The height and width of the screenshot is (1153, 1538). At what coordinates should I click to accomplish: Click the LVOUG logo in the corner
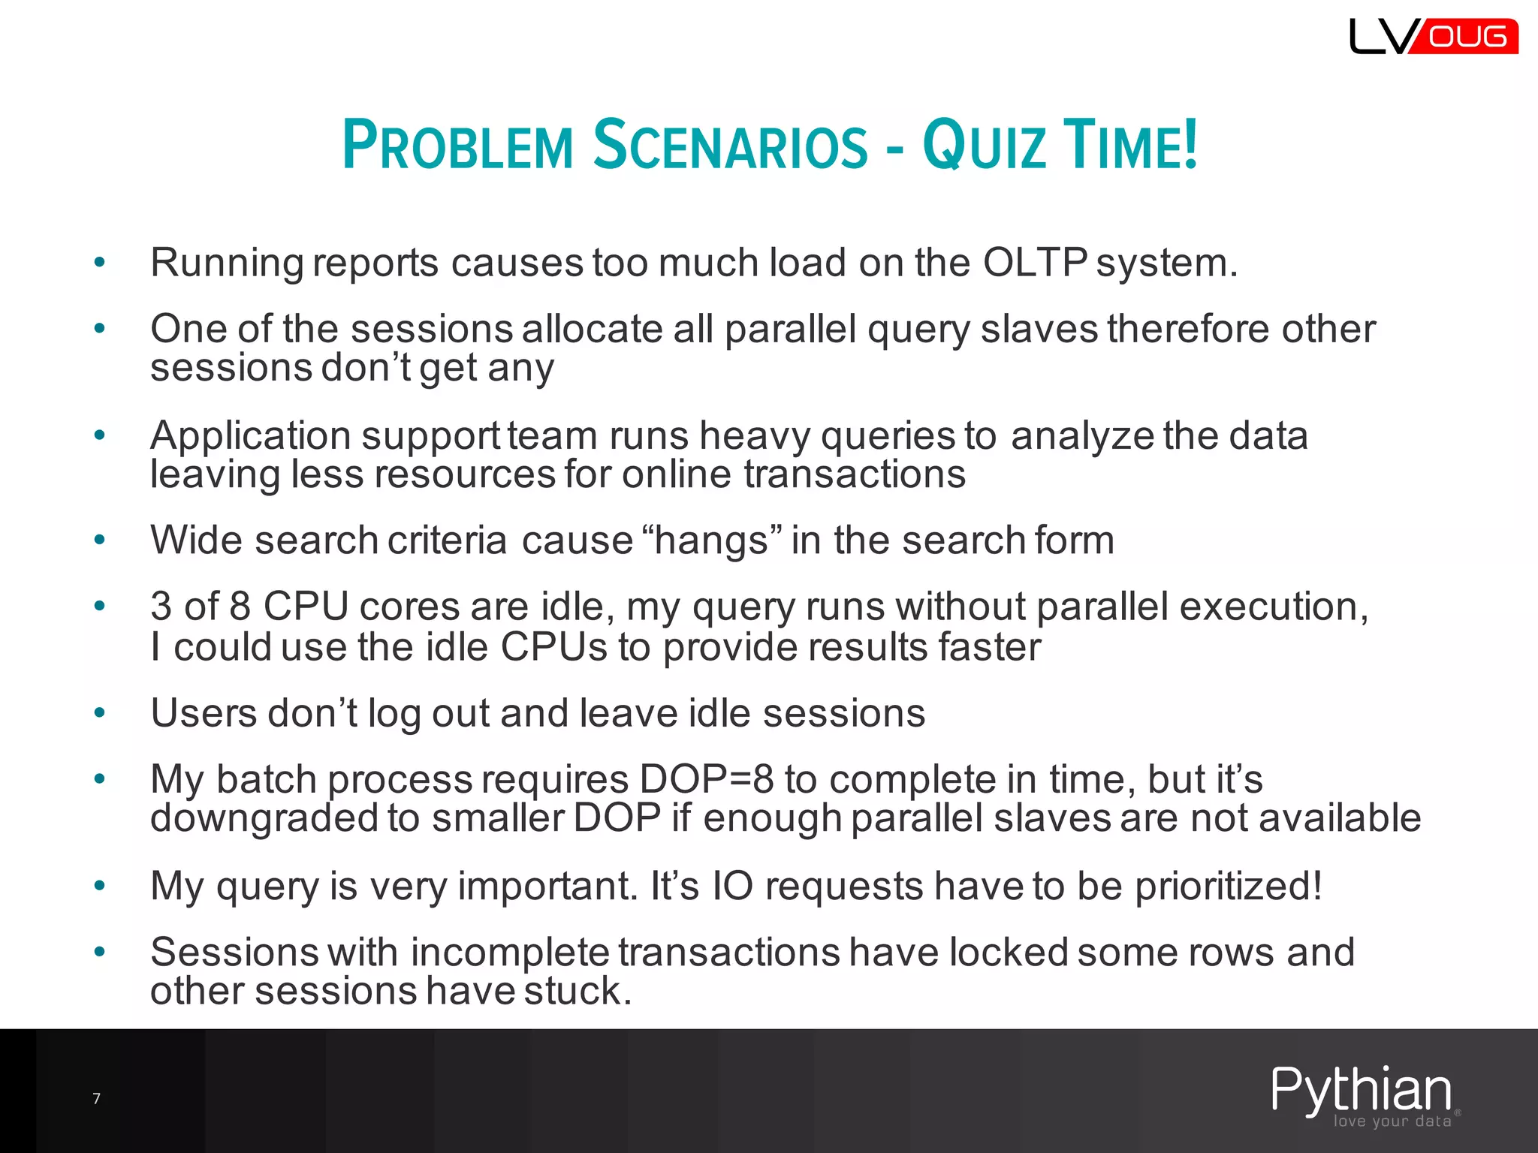click(1433, 36)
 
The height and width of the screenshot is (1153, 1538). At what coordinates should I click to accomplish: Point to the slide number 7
click(96, 1099)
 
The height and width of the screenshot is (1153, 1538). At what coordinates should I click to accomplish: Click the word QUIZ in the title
click(984, 144)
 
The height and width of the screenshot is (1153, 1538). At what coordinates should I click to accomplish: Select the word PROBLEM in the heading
click(457, 144)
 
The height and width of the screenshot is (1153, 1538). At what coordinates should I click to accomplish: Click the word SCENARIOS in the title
click(730, 144)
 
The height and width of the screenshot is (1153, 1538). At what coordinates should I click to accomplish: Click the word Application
click(250, 435)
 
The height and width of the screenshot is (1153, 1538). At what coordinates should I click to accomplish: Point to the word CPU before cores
click(306, 607)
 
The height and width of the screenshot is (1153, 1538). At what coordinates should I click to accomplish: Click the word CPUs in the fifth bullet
click(553, 647)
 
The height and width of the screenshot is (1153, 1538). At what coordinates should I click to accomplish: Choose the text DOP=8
click(707, 779)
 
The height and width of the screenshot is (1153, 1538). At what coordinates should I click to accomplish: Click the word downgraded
click(264, 818)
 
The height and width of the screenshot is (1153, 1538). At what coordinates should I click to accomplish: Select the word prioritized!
click(1229, 886)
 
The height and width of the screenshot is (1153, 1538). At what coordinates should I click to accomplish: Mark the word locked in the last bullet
click(1009, 952)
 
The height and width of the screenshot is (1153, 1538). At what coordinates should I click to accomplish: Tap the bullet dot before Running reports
click(99, 263)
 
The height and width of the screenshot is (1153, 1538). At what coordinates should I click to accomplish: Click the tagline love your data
click(1392, 1121)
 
